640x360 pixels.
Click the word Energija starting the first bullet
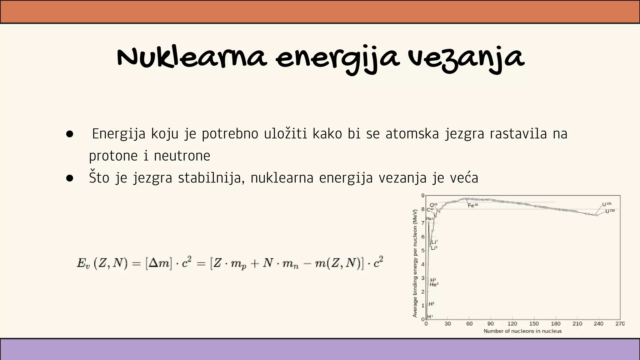119,134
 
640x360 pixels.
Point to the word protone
113,156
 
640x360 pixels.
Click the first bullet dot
70,134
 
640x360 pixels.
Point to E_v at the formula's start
83,263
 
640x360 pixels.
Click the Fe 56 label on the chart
473,206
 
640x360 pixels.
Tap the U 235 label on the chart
607,205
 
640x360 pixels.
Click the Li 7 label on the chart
434,242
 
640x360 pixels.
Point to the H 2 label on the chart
431,304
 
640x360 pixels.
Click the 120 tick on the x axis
512,324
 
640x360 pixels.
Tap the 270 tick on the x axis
620,324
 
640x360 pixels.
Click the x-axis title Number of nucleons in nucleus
522,331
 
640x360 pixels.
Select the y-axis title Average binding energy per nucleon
415,263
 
